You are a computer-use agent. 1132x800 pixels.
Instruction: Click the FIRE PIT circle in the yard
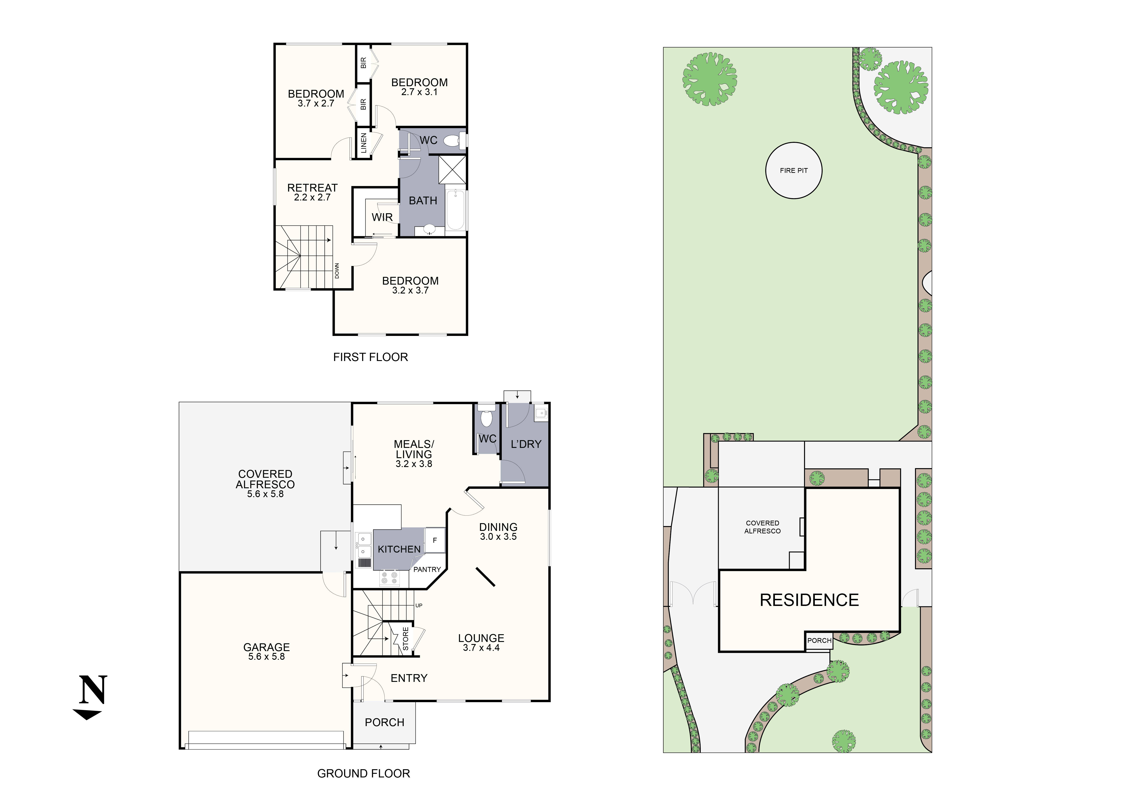pyautogui.click(x=793, y=170)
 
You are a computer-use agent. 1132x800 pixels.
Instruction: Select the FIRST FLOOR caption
pyautogui.click(x=370, y=357)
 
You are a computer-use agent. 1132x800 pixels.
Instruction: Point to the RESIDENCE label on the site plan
pyautogui.click(x=809, y=600)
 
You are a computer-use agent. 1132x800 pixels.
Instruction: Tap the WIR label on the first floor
pyautogui.click(x=382, y=217)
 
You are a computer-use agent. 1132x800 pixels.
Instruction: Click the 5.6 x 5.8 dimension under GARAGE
pyautogui.click(x=266, y=657)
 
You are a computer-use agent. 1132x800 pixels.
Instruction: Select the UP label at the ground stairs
pyautogui.click(x=418, y=605)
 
